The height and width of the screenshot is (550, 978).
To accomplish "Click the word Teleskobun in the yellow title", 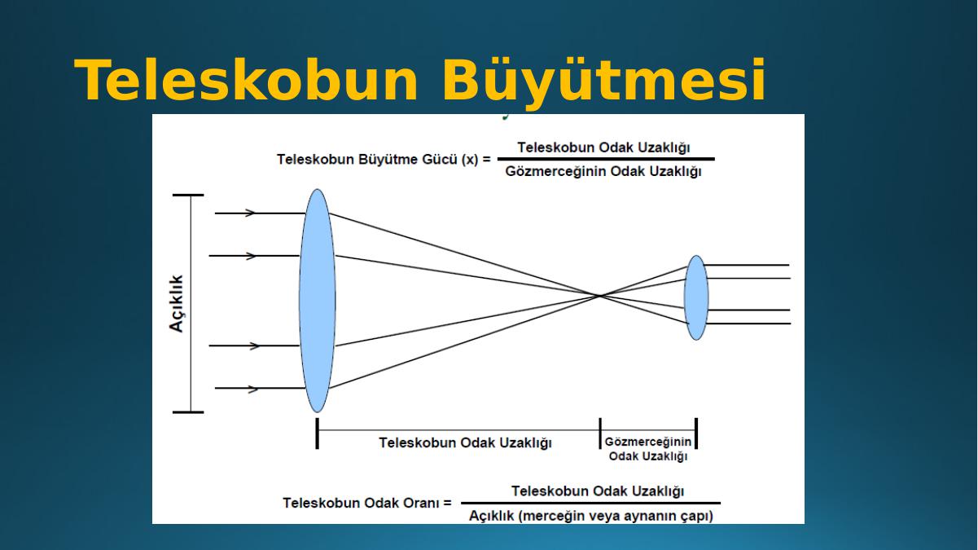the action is (x=247, y=81).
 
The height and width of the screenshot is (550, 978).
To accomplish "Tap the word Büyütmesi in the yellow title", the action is (x=604, y=83).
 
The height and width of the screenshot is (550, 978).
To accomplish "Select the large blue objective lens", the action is (x=318, y=301).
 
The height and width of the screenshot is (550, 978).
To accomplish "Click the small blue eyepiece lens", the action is (x=696, y=297).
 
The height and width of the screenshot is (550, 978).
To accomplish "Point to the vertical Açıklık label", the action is (x=176, y=304).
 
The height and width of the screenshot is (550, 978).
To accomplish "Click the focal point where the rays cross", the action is (x=600, y=296).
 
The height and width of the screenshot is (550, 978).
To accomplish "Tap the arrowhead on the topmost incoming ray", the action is (x=250, y=213).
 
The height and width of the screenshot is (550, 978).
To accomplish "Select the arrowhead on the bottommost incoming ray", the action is (x=252, y=389).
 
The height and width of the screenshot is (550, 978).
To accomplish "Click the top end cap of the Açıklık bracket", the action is (x=188, y=196).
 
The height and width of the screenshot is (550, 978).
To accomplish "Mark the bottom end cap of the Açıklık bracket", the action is (x=188, y=412).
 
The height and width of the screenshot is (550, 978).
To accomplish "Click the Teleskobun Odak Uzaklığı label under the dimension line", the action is (x=466, y=442).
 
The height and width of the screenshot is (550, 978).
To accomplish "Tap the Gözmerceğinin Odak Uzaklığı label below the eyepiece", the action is (x=648, y=449).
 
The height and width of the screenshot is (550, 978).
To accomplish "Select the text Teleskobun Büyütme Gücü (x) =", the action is (x=384, y=160).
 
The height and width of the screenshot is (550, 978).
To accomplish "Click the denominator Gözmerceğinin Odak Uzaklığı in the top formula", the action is (x=603, y=172).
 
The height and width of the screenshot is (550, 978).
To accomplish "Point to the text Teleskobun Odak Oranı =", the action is (x=367, y=504).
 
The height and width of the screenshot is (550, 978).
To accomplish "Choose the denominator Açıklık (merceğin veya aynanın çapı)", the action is (x=591, y=516).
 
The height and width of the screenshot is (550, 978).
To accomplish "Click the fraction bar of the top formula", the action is (x=606, y=159).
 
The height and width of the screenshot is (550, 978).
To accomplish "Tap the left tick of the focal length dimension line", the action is (x=317, y=433).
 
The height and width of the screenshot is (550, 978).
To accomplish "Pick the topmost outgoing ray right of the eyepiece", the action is (x=747, y=265).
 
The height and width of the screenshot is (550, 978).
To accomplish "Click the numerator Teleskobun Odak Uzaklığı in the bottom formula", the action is (x=598, y=491).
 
